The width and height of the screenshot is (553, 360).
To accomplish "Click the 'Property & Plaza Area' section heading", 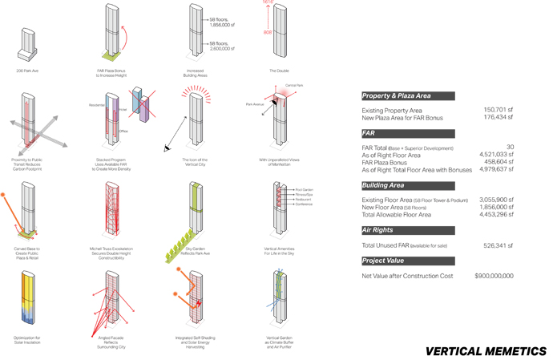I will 397,95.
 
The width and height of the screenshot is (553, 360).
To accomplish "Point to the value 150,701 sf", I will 497,110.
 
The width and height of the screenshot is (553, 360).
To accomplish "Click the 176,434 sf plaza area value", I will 497,118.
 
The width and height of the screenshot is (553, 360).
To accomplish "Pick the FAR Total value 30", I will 509,148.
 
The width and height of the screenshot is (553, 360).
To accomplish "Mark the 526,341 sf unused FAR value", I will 497,245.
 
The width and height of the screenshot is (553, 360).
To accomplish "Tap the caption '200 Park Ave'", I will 28,71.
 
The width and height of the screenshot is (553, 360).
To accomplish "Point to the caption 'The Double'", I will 278,71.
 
